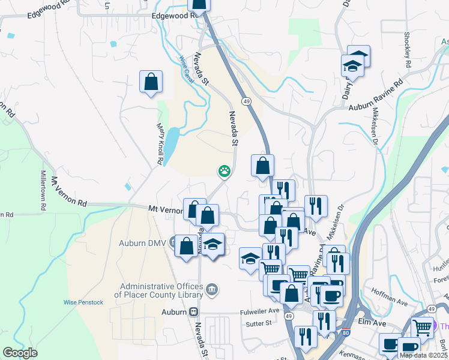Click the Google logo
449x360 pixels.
[x=20, y=353]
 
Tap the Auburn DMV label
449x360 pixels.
[x=140, y=244]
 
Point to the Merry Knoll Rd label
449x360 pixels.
[x=160, y=144]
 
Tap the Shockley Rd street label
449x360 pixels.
[x=408, y=49]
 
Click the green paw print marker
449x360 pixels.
[x=224, y=172]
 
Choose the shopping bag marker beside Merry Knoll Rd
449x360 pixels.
[x=151, y=82]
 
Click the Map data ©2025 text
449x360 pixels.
[x=424, y=355]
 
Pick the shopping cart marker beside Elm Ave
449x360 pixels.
[x=422, y=327]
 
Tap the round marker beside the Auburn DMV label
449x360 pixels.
[x=173, y=244]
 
